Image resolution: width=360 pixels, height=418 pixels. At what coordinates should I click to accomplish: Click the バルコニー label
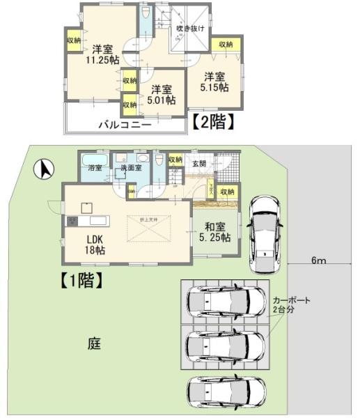click(123, 125)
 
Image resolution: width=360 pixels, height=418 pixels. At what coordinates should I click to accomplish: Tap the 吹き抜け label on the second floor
click(189, 29)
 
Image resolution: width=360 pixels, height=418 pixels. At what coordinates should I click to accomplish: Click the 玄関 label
click(199, 164)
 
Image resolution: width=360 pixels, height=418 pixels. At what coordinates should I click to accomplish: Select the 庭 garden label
click(94, 343)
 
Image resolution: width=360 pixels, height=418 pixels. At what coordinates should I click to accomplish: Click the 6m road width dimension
click(318, 261)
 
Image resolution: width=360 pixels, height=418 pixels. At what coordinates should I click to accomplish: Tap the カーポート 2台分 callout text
click(291, 304)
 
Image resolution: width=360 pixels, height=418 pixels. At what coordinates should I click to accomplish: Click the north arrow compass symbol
click(44, 169)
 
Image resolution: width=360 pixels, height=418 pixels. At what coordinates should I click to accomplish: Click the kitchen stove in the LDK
click(73, 221)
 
